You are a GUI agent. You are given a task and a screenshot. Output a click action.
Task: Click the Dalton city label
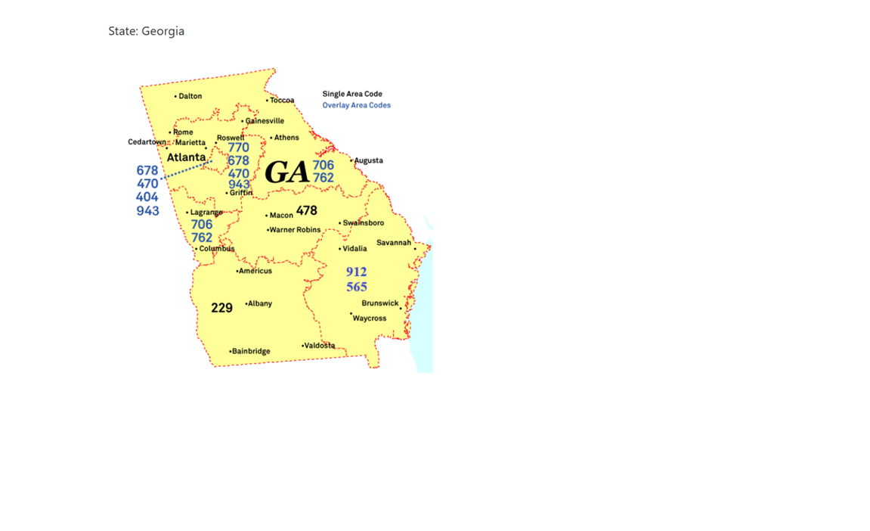coord(190,96)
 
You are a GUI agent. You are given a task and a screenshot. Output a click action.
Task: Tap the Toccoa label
coord(282,100)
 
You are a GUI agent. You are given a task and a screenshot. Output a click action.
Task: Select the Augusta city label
coord(368,160)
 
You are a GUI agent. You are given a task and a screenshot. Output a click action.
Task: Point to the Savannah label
coord(394,243)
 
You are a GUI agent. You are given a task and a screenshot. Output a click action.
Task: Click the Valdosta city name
coord(319,346)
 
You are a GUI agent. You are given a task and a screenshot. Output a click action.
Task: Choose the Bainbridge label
coord(251,351)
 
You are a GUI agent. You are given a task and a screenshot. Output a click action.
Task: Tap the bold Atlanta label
coord(186,157)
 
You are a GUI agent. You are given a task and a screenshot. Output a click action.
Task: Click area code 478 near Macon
coord(307,210)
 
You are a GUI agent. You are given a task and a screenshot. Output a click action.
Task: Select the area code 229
coord(221,308)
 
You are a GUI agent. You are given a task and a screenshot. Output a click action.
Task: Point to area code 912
coord(356,272)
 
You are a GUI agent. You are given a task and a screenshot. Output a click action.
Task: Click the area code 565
coord(357,287)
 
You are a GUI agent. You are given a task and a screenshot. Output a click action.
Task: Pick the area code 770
coord(238,148)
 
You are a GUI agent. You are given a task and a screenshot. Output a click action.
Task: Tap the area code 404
coord(147,197)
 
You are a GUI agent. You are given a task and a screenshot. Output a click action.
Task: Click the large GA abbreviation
coord(287,172)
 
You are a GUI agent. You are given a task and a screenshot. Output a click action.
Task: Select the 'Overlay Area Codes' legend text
coord(357,105)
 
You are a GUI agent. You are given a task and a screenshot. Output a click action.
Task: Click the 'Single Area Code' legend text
coord(352,94)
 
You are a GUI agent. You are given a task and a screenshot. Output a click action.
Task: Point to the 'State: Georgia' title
coord(146,31)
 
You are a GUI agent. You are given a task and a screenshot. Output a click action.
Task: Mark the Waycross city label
coord(370,318)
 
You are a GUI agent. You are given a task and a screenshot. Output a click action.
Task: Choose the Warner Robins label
coord(295,230)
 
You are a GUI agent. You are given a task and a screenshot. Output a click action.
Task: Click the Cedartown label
coord(147,142)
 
